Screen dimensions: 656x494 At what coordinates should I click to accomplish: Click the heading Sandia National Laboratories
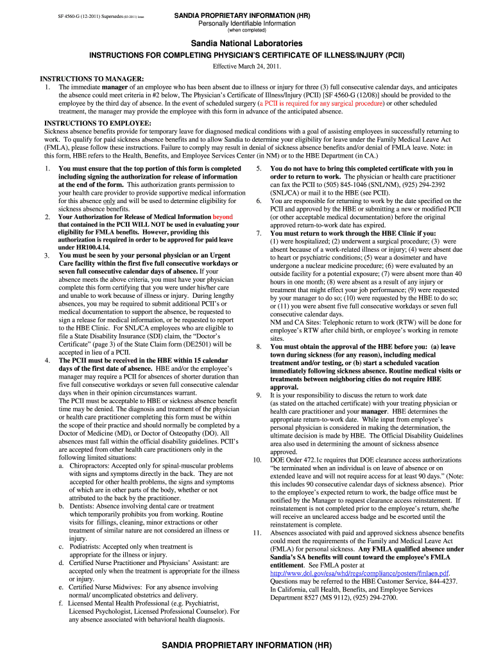246,43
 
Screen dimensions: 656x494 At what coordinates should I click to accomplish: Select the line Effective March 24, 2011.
247,67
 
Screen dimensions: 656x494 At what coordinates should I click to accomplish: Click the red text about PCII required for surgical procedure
320,102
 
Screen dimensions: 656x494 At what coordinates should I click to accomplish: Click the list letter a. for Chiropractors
62,466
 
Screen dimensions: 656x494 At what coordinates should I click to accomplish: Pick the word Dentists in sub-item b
81,506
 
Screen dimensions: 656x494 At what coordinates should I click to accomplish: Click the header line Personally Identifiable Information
246,23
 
